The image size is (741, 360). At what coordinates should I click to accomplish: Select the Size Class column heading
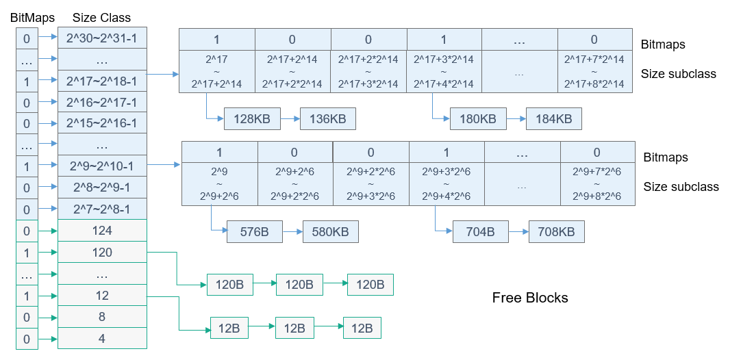[102, 17]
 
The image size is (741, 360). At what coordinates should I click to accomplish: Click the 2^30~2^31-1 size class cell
[102, 38]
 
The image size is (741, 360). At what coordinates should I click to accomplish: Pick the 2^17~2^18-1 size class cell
[102, 81]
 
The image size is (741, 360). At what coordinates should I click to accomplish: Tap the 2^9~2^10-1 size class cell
[102, 166]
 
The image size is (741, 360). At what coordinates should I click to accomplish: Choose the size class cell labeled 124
[102, 231]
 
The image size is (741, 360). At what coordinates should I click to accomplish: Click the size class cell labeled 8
[102, 317]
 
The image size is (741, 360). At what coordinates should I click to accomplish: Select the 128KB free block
[252, 119]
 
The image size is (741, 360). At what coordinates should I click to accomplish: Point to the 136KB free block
[328, 119]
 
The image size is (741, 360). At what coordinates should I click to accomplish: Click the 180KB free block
[478, 119]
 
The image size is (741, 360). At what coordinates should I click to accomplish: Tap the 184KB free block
[554, 119]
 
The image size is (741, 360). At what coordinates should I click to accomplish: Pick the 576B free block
[255, 232]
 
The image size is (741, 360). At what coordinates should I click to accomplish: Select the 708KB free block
[557, 232]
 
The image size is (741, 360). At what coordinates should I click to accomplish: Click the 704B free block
[481, 232]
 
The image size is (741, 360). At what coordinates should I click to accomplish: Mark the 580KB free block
[331, 232]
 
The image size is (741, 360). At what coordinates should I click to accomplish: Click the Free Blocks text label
[530, 298]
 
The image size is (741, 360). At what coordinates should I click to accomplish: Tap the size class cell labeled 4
[102, 338]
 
